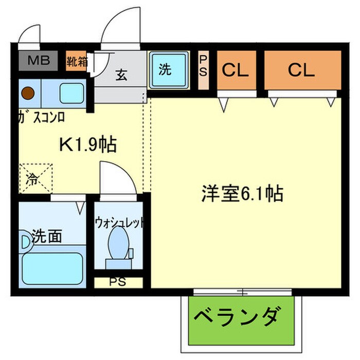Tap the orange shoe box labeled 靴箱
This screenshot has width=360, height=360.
click(x=76, y=62)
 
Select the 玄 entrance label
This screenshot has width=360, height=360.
click(x=121, y=76)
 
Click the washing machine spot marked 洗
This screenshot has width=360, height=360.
click(x=165, y=70)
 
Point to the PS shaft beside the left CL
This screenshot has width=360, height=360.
click(x=203, y=70)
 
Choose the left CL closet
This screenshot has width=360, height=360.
click(x=236, y=70)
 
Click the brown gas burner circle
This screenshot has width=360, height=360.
click(x=28, y=94)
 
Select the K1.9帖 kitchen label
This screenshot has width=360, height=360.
click(x=88, y=146)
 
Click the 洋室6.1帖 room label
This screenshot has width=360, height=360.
click(x=242, y=194)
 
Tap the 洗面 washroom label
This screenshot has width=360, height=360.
click(x=47, y=237)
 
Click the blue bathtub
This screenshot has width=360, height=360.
click(x=52, y=266)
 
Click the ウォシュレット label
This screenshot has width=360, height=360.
click(x=119, y=222)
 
